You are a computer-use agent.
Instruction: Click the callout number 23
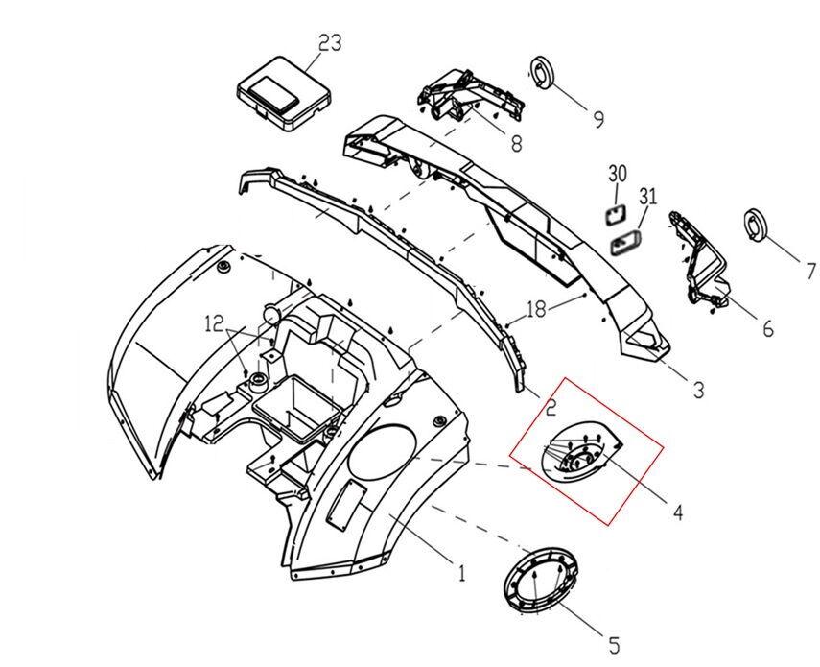(330, 43)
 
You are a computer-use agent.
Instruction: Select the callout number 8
(515, 144)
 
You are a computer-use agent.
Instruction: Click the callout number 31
(648, 198)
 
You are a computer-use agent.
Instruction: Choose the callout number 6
(767, 328)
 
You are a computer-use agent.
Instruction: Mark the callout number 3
(698, 390)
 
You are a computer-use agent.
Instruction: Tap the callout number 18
(536, 310)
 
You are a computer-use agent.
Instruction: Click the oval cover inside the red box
(576, 455)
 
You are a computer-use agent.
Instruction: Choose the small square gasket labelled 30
(614, 211)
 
